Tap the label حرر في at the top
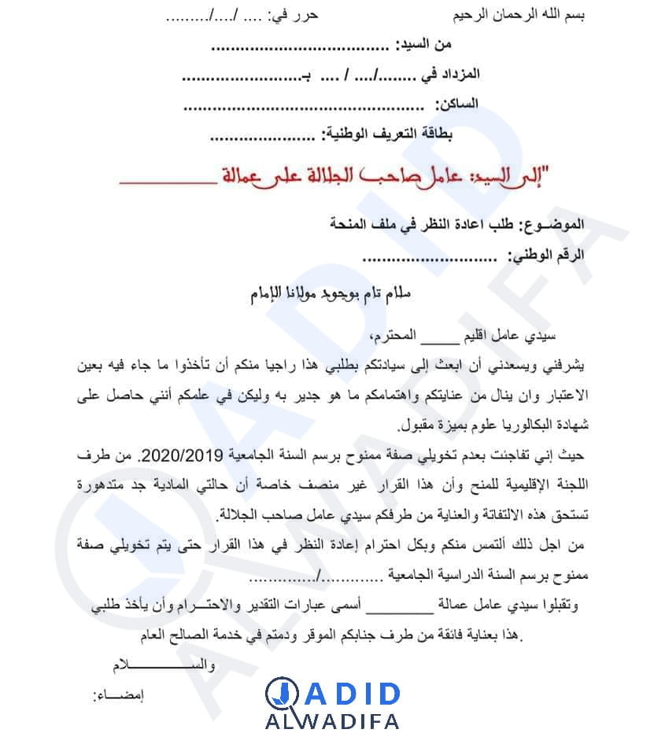pos(290,15)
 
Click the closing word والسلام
pos(158,665)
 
